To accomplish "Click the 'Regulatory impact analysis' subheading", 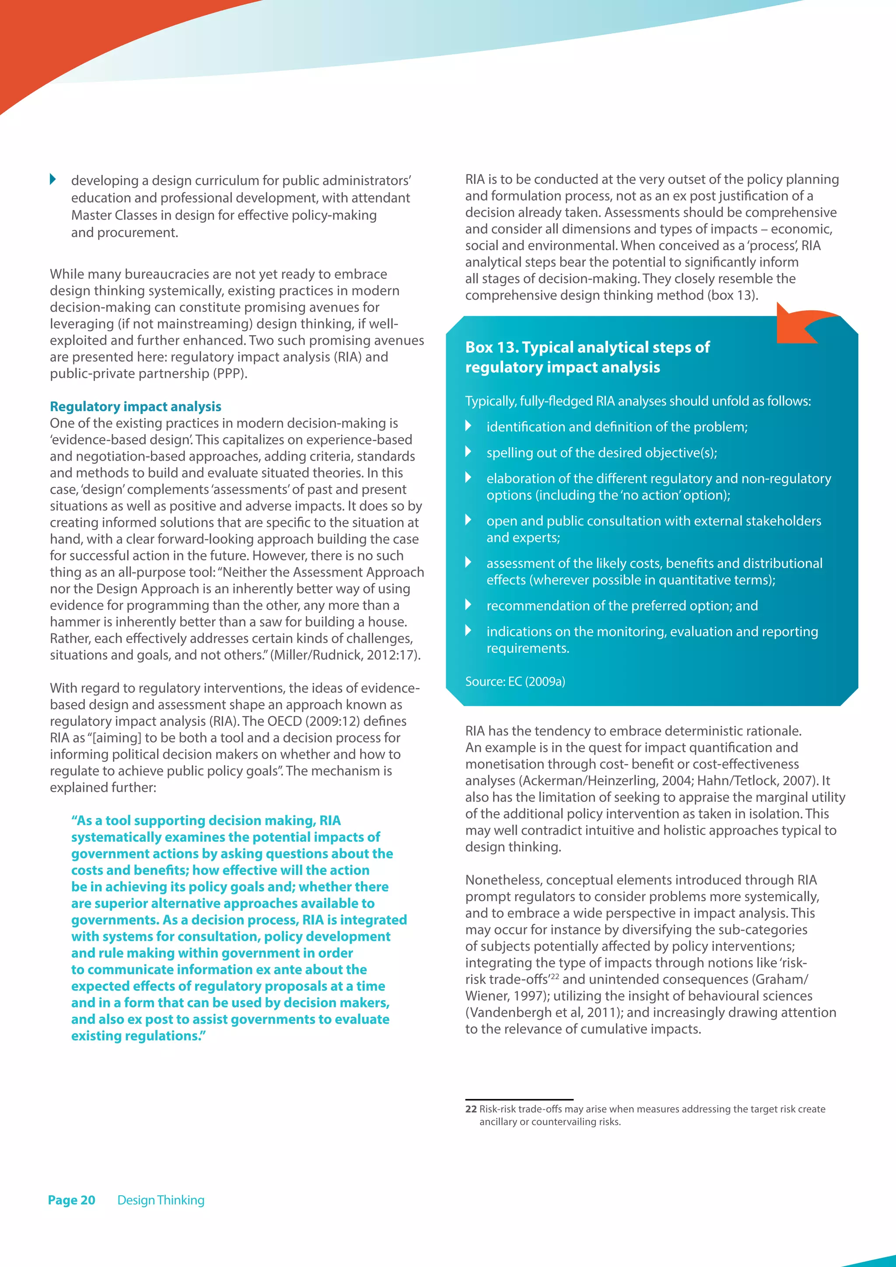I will click(135, 407).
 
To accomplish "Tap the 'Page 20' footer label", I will click(71, 1200).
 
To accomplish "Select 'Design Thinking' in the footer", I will click(161, 1200).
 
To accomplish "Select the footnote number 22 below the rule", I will click(471, 1109).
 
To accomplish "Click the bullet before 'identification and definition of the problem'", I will click(469, 425).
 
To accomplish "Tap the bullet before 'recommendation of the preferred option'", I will click(469, 604).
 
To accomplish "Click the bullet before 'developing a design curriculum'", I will click(53, 179).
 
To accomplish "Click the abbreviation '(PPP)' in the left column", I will click(230, 374).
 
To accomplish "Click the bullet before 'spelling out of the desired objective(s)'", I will click(469, 451).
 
